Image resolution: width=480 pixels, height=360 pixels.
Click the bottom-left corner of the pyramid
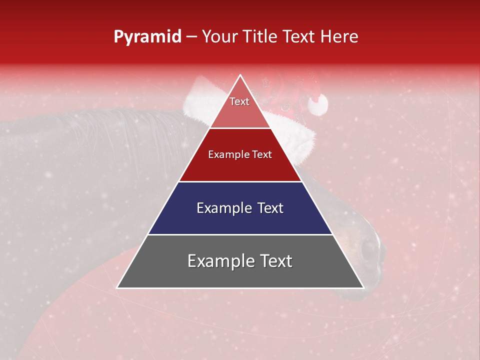point(118,287)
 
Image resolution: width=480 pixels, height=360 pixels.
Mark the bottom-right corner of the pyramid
point(363,287)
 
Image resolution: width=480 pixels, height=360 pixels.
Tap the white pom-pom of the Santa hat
point(317,104)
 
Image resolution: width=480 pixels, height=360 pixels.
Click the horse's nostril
point(369,248)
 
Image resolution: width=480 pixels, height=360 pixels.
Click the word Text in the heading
point(300,37)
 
